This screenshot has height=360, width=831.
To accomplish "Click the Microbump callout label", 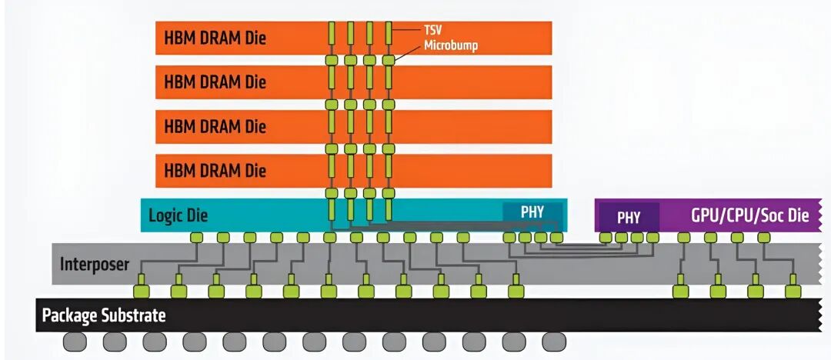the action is pos(450,45).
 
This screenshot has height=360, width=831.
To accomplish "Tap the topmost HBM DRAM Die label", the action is pos(215,38).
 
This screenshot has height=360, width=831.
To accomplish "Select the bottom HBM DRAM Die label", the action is pos(215,171).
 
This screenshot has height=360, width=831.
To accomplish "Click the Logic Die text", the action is pos(178,216).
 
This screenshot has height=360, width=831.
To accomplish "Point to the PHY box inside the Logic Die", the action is pos(532,212).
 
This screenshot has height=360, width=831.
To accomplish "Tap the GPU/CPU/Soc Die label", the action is pos(750,216).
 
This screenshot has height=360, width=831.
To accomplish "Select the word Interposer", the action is pos(95,264).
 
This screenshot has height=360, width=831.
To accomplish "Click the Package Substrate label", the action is pos(104,315).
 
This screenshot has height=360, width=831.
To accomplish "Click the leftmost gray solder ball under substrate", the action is pos(75,342).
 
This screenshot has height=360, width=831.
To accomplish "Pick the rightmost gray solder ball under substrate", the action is pos(554,342).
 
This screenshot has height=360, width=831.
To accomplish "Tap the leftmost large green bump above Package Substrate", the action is pos(142,291).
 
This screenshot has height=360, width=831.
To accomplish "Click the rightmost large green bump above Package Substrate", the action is pos(793,291).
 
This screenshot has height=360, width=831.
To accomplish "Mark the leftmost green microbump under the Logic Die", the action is pos(196,238).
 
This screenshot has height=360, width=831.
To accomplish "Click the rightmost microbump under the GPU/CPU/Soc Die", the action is pos(763,238).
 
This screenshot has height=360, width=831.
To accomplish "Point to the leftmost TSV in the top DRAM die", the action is pos(332,33).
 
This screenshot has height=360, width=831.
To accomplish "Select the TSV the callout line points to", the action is pos(389,33).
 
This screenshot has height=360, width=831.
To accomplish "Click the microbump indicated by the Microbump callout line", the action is pos(389,60).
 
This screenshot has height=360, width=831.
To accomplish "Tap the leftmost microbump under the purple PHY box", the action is pos(606,238).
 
